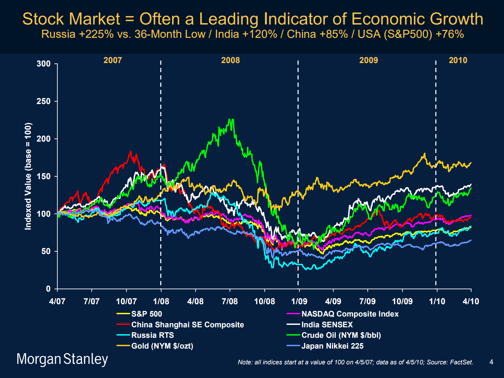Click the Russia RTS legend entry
click(x=152, y=335)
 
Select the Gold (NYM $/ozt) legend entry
click(x=162, y=346)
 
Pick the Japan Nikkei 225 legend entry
click(x=332, y=346)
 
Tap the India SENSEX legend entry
click(x=327, y=325)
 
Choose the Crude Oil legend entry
click(x=341, y=335)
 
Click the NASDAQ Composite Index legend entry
click(x=350, y=314)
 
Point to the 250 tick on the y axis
click(x=44, y=101)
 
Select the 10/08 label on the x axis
click(x=264, y=301)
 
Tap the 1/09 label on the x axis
click(x=299, y=301)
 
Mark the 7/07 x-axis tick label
click(x=92, y=301)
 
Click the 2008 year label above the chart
click(x=230, y=60)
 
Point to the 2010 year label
click(x=458, y=60)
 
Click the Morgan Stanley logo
click(x=62, y=359)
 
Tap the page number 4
click(x=491, y=362)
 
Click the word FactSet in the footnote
click(x=461, y=362)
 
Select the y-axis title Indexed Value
click(x=28, y=176)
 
